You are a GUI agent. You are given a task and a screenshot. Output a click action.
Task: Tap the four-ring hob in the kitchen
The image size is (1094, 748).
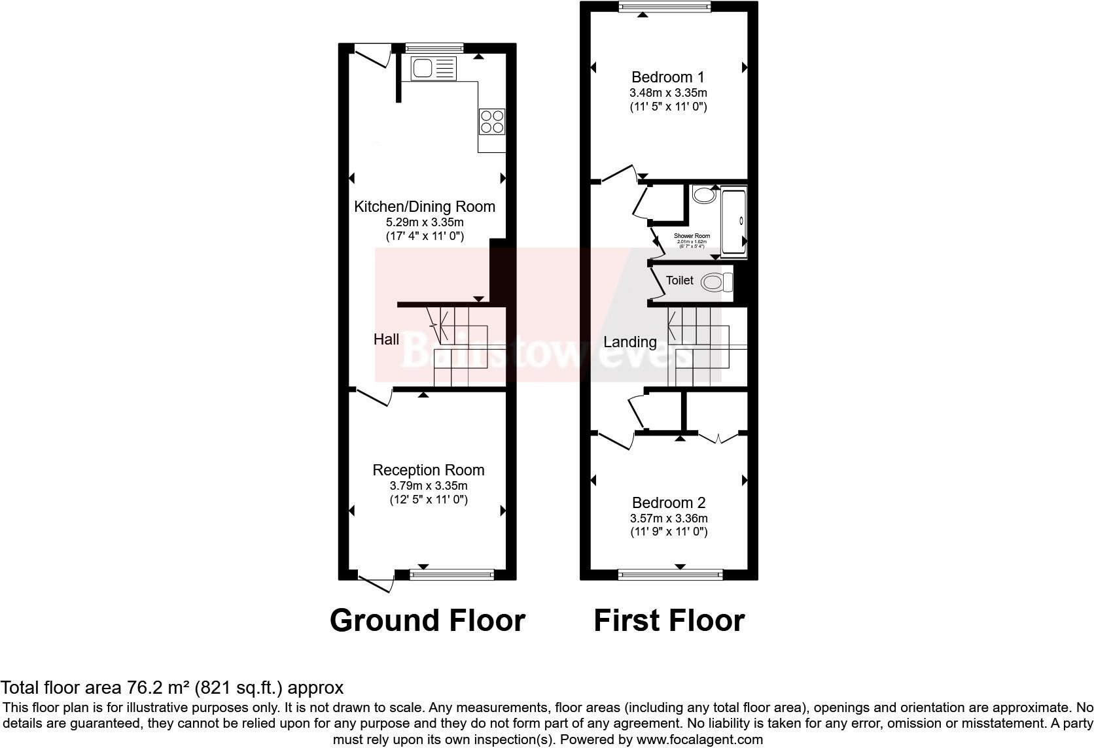(492, 121)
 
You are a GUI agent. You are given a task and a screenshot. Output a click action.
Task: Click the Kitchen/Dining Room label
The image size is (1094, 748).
(424, 207)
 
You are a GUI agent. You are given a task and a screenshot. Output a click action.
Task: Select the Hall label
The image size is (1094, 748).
(386, 339)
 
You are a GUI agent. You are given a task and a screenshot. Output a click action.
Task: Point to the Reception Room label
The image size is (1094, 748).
(428, 470)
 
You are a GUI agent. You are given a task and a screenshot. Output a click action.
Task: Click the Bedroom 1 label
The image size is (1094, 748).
(668, 77)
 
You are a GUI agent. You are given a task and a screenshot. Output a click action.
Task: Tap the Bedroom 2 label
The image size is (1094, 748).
(668, 503)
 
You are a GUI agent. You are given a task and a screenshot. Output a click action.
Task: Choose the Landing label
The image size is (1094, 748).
(629, 342)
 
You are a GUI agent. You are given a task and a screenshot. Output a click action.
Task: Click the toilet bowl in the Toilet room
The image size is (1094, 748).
(716, 282)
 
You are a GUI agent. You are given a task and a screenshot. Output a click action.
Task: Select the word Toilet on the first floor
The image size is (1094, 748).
(679, 280)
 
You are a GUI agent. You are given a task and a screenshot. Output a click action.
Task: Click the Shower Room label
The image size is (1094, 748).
(692, 236)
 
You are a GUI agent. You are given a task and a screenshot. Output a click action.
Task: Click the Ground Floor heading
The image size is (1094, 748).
(427, 620)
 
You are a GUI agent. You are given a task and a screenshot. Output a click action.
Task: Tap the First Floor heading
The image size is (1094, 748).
(669, 620)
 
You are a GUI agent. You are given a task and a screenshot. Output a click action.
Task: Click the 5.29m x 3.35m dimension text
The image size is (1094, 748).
(425, 222)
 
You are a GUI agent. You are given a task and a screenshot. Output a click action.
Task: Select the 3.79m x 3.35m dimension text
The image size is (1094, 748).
(428, 486)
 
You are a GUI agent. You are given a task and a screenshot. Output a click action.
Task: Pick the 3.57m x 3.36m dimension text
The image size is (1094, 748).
(669, 518)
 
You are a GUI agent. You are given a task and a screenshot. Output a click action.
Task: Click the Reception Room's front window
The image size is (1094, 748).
(452, 575)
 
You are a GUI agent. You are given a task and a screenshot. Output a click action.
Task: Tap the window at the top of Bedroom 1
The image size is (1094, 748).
(665, 7)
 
